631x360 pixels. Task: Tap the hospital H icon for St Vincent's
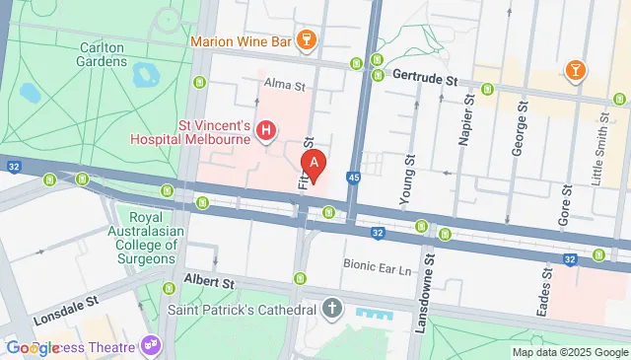coord(265,129)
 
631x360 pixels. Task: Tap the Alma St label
coord(285,86)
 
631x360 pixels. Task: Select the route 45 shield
coord(353,178)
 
